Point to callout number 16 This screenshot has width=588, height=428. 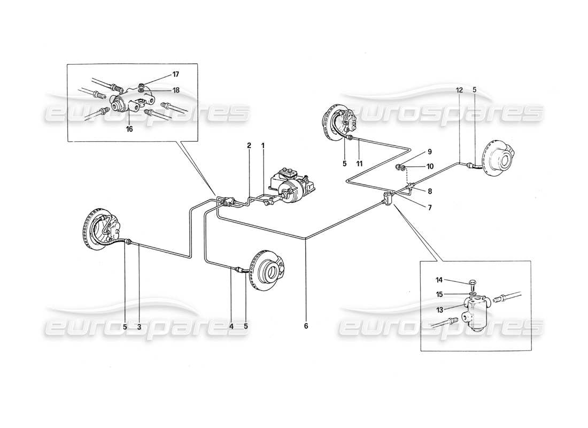point(129,129)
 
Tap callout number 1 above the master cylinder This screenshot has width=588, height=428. point(263,145)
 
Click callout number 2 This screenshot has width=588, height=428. point(249,145)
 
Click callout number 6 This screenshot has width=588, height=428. point(306,325)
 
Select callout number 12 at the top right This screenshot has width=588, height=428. point(459,90)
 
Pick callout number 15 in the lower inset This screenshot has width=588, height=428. point(439,294)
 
